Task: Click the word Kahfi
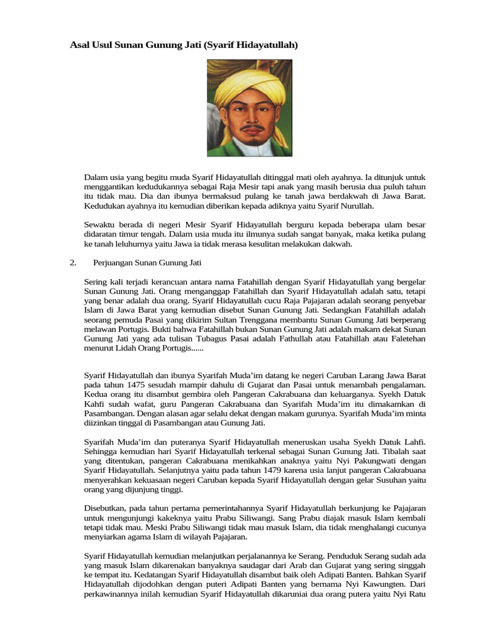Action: point(96,404)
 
